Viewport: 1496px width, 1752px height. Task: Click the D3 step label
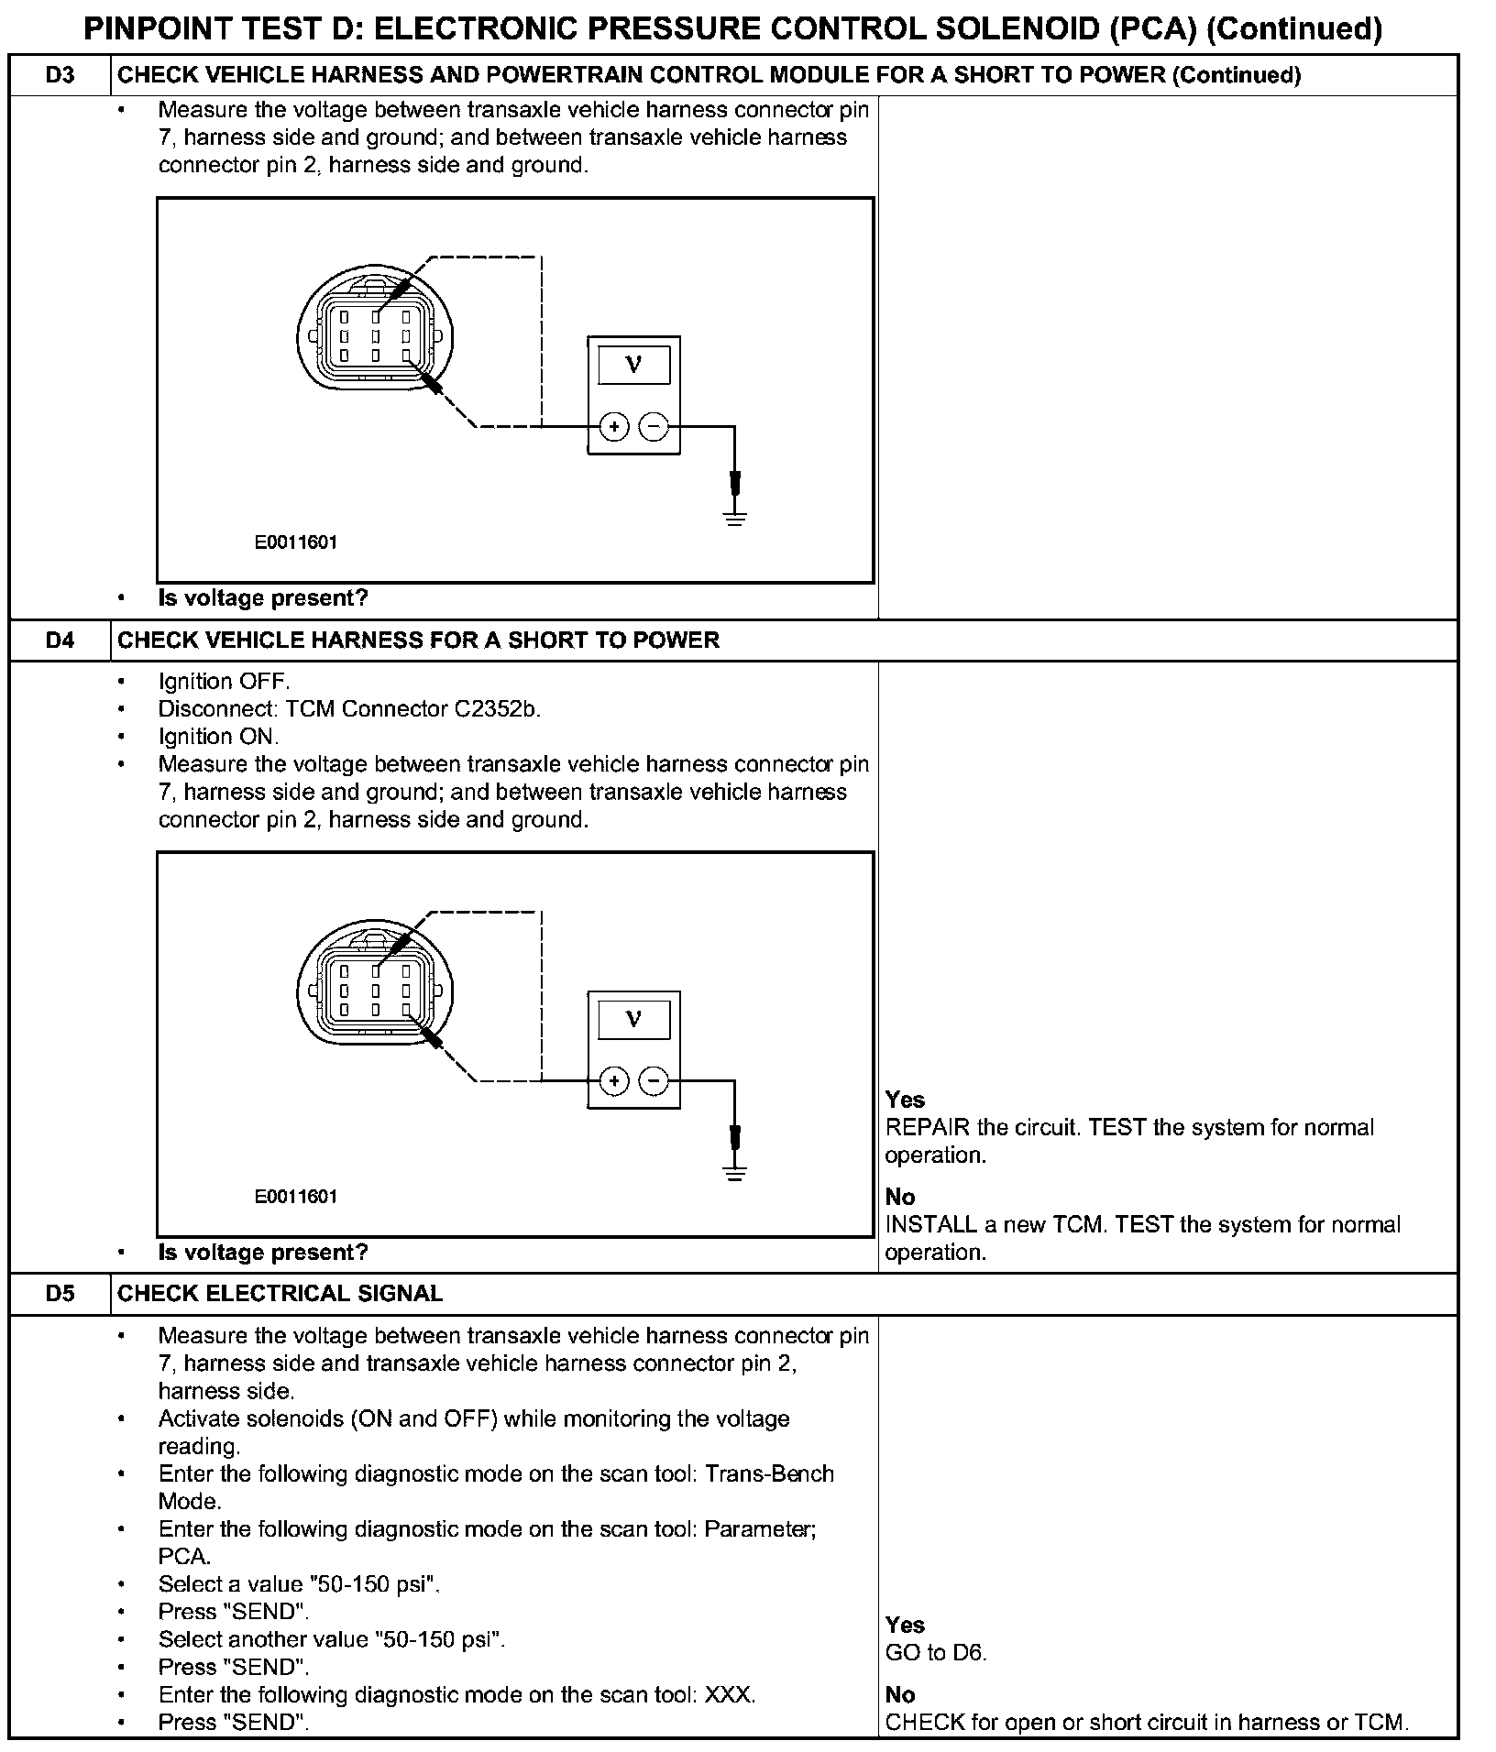click(x=60, y=75)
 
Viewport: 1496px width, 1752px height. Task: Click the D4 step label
click(x=60, y=640)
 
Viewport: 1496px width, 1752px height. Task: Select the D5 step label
click(x=60, y=1293)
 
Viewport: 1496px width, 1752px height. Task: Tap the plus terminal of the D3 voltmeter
click(x=614, y=427)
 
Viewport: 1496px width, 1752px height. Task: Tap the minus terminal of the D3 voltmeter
click(x=654, y=427)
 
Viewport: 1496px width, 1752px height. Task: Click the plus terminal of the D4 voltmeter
click(x=614, y=1082)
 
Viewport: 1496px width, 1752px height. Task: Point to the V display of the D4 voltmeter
click(x=633, y=1020)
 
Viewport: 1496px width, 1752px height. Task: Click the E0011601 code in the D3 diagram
click(x=296, y=542)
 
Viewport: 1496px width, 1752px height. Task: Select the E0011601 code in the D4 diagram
click(x=296, y=1197)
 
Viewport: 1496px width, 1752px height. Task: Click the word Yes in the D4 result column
click(x=905, y=1100)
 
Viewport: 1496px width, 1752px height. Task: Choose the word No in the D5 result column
click(x=900, y=1694)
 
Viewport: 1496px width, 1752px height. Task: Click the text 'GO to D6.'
click(x=936, y=1653)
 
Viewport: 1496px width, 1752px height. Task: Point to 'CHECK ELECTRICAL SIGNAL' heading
click(x=280, y=1293)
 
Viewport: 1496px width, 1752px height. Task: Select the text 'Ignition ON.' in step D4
click(x=218, y=737)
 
